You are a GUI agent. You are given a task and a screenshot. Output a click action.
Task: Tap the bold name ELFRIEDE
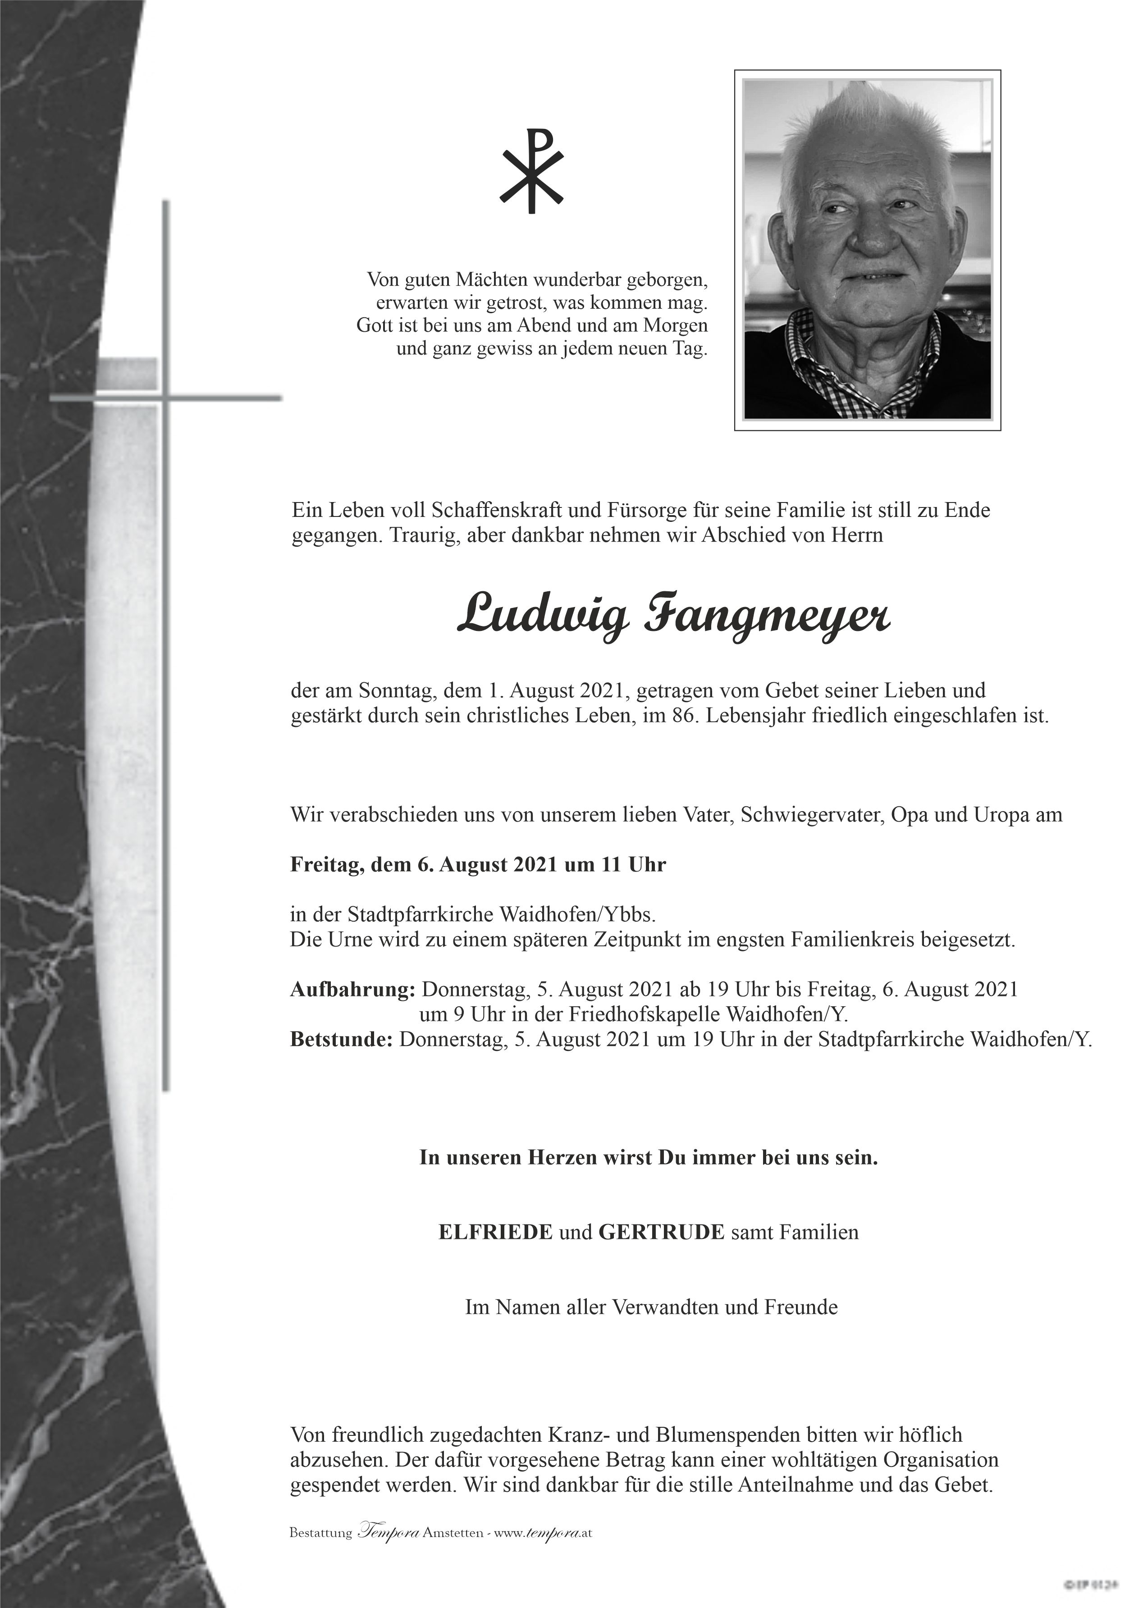495,1232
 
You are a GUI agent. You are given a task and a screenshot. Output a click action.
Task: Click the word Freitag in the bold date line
325,865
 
